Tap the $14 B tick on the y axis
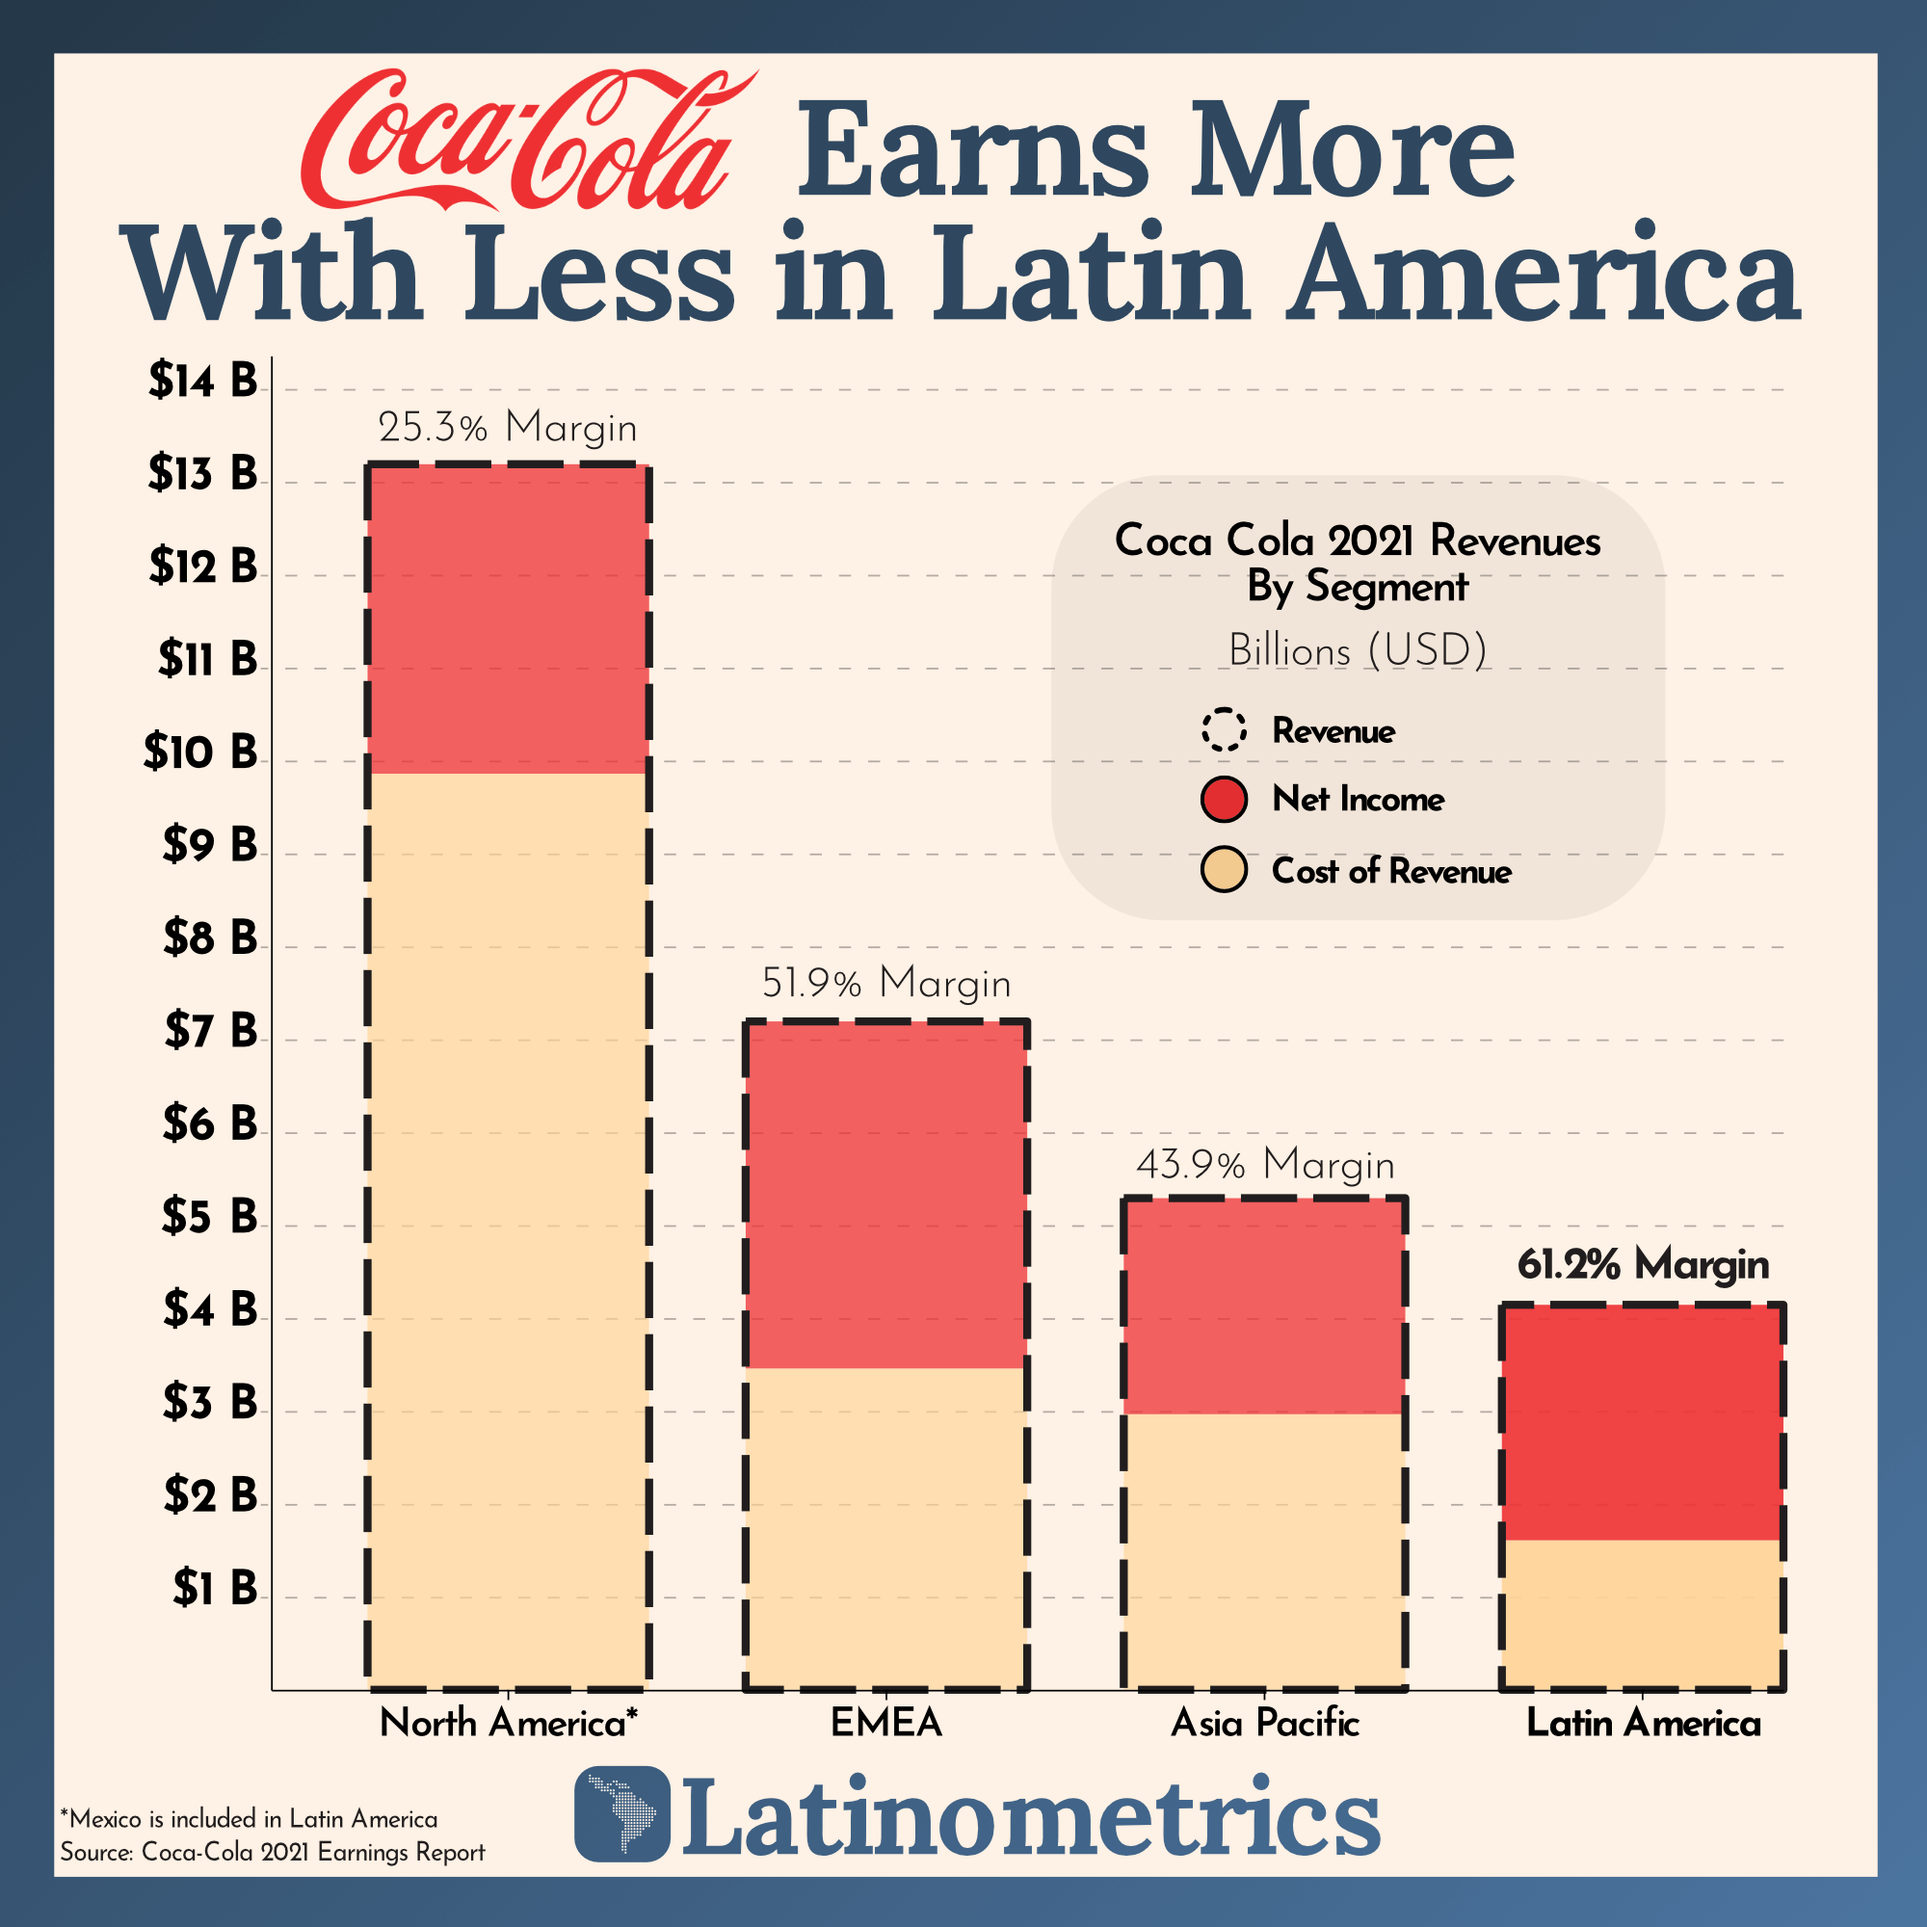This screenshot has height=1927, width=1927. pyautogui.click(x=202, y=381)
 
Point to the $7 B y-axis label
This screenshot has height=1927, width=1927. pyautogui.click(x=210, y=1030)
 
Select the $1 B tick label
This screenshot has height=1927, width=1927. pyautogui.click(x=215, y=1587)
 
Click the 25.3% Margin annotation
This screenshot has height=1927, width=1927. pyautogui.click(x=507, y=428)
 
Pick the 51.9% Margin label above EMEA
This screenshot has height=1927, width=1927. pyautogui.click(x=885, y=984)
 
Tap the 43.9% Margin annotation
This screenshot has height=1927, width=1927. pyautogui.click(x=1265, y=1165)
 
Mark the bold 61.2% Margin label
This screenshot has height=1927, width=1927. pyautogui.click(x=1643, y=1265)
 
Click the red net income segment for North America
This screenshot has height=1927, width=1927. pyautogui.click(x=508, y=620)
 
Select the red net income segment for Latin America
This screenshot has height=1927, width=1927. pyautogui.click(x=1643, y=1422)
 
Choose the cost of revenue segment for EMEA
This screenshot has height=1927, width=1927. pyautogui.click(x=885, y=1527)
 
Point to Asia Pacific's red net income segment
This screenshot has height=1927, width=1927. pyautogui.click(x=1265, y=1306)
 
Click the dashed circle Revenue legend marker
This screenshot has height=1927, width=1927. pyautogui.click(x=1224, y=730)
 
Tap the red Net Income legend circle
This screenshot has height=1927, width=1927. pyautogui.click(x=1224, y=799)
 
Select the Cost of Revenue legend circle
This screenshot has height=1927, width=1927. pyautogui.click(x=1224, y=871)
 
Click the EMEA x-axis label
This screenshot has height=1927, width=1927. pyautogui.click(x=885, y=1723)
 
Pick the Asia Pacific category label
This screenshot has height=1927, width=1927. pyautogui.click(x=1265, y=1723)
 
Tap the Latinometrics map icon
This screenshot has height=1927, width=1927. pyautogui.click(x=622, y=1814)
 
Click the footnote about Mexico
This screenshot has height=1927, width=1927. pyautogui.click(x=249, y=1818)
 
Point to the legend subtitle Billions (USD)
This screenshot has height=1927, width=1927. pyautogui.click(x=1358, y=650)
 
